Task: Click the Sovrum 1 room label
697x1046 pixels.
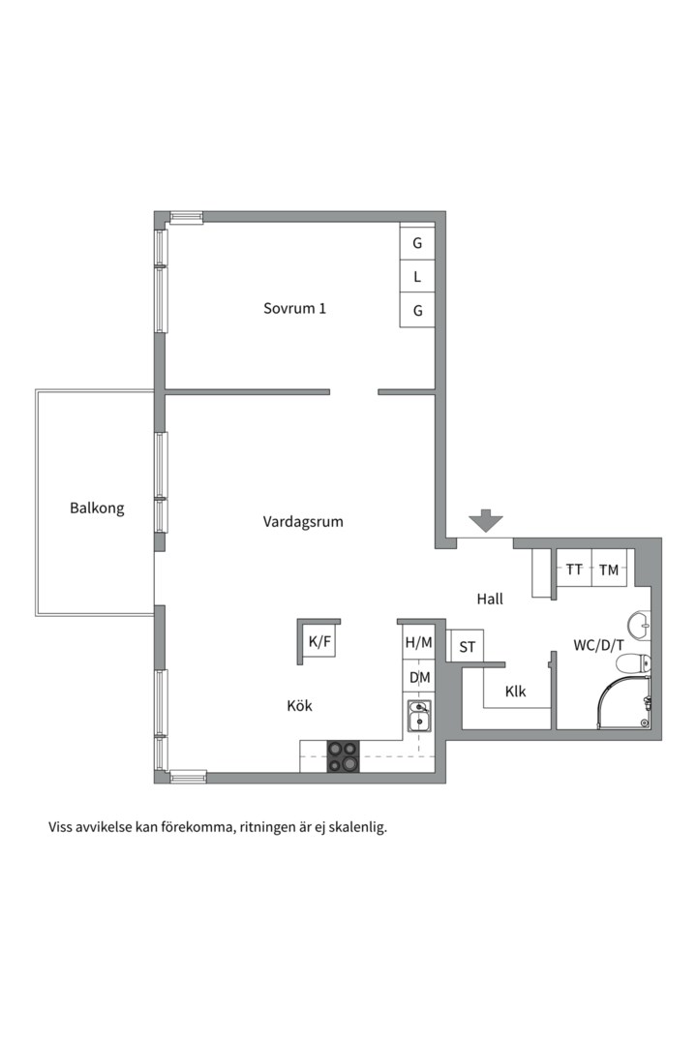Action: (x=294, y=308)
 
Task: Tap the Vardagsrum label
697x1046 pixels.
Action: (x=303, y=522)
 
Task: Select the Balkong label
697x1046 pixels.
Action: (x=97, y=508)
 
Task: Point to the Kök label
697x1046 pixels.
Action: (x=299, y=705)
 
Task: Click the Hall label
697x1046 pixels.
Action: (x=490, y=600)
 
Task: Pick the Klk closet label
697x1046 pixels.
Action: (x=516, y=692)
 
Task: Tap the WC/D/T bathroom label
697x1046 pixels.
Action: (x=599, y=645)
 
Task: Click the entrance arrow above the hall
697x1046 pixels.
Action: (x=486, y=521)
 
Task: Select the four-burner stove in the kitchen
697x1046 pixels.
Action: (x=343, y=756)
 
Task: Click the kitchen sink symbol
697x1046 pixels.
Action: (x=419, y=716)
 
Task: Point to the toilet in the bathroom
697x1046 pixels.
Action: (x=632, y=664)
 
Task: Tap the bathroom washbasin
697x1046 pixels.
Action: (x=638, y=625)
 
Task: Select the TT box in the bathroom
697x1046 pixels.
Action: (x=574, y=569)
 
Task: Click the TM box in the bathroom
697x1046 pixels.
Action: (x=609, y=569)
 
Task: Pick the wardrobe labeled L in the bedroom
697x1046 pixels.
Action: (x=417, y=276)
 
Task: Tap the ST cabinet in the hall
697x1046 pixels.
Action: (x=467, y=646)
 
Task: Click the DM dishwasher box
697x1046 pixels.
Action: (x=419, y=678)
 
